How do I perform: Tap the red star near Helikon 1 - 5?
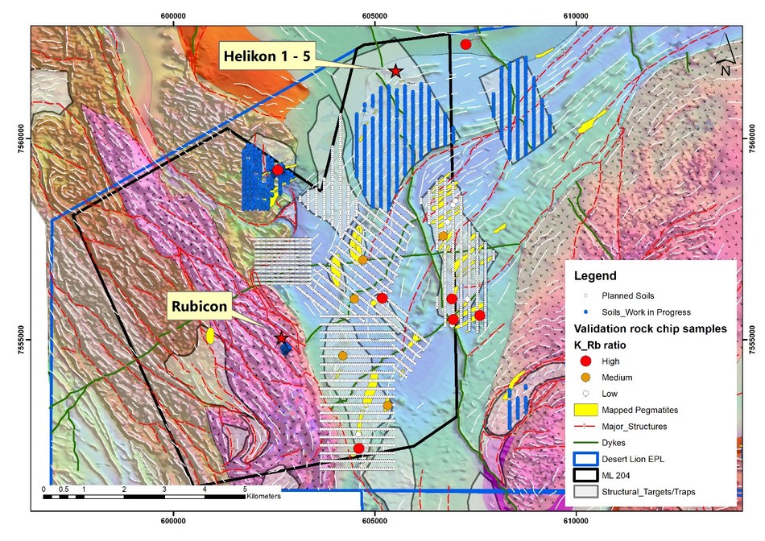click(395, 72)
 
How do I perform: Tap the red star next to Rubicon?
click(281, 338)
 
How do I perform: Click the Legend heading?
click(595, 276)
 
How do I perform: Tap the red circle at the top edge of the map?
click(465, 43)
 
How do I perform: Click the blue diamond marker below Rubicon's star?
click(286, 349)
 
